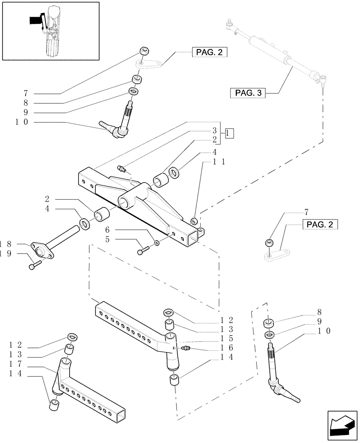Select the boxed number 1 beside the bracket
(229, 132)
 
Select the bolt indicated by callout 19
(35, 265)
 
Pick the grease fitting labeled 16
(186, 349)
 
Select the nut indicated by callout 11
(193, 221)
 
